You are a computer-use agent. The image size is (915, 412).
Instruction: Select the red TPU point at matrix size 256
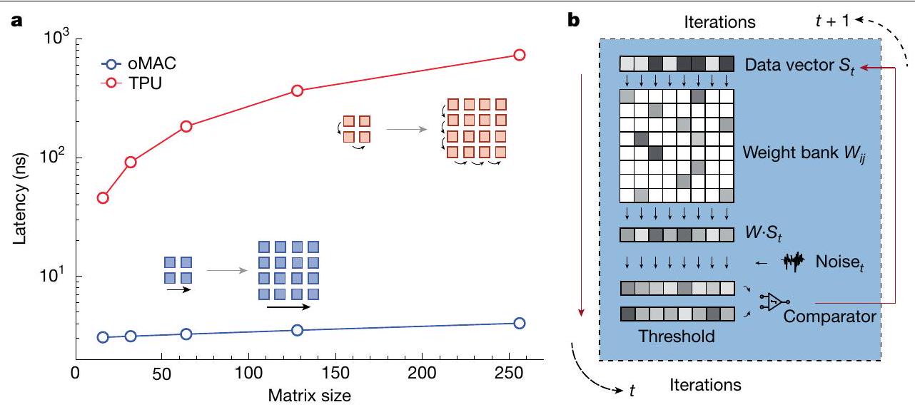pyautogui.click(x=520, y=55)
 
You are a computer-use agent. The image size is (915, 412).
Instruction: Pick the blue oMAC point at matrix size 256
pyautogui.click(x=520, y=323)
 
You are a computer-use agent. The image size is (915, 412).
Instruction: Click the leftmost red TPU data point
pyautogui.click(x=103, y=198)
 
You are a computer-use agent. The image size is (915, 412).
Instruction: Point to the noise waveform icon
pyautogui.click(x=792, y=262)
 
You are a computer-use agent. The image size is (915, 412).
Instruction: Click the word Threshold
pyautogui.click(x=677, y=336)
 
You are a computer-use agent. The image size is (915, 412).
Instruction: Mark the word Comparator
pyautogui.click(x=829, y=316)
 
